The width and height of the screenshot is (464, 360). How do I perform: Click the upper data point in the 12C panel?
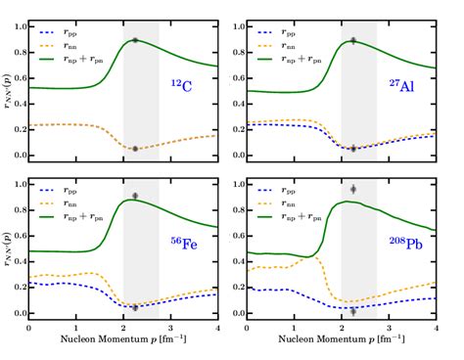135,40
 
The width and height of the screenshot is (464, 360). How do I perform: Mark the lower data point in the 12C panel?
135,149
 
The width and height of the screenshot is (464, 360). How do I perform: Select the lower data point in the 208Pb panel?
353,310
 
